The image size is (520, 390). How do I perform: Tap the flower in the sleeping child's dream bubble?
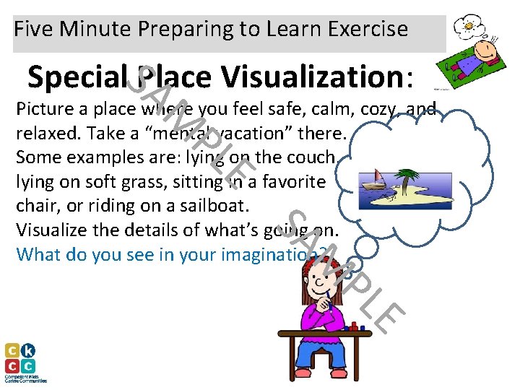click(x=467, y=25)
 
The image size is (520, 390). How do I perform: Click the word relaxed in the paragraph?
click(x=41, y=134)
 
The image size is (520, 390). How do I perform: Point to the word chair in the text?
click(x=32, y=206)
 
